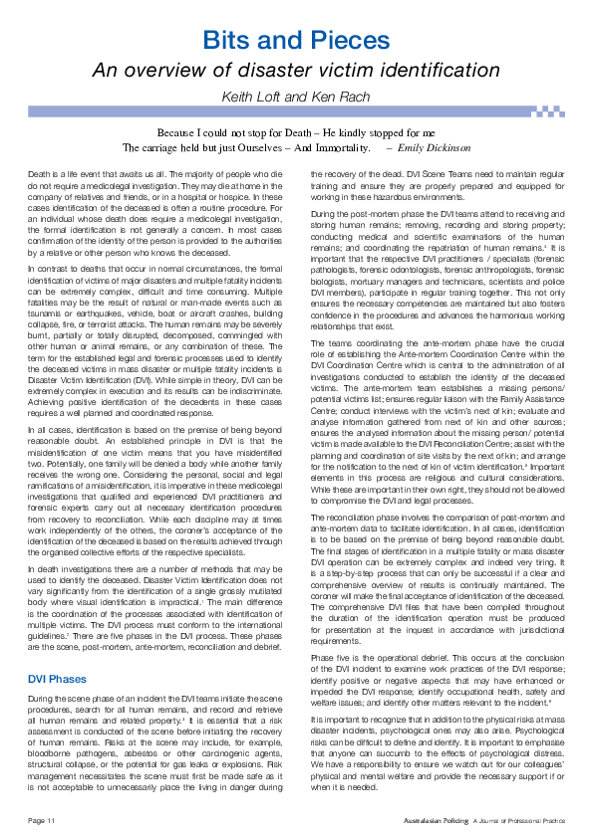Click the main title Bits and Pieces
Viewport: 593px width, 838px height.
tap(296, 41)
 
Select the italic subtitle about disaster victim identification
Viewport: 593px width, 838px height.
tap(296, 70)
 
